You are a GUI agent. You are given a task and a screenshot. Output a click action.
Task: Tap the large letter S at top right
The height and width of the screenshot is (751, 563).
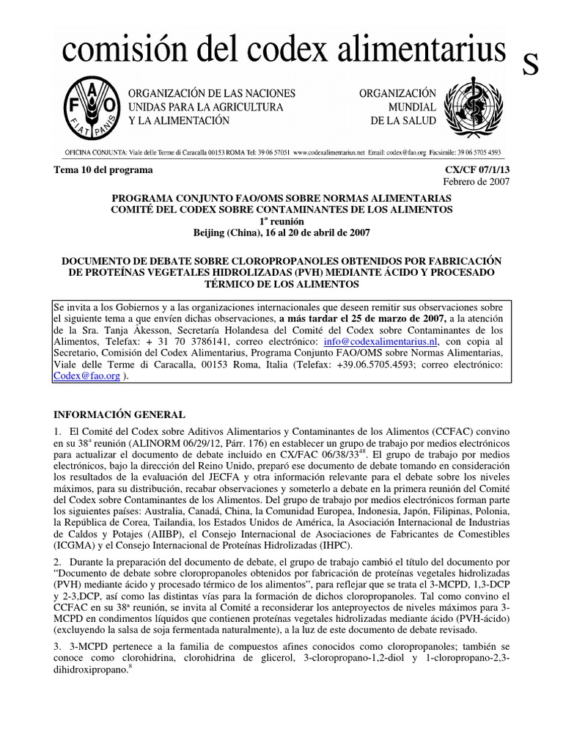point(531,66)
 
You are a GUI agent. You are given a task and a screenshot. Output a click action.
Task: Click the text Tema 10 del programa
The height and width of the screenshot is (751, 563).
point(103,170)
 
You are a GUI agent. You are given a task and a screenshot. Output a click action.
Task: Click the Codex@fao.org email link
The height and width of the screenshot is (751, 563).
point(86,374)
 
